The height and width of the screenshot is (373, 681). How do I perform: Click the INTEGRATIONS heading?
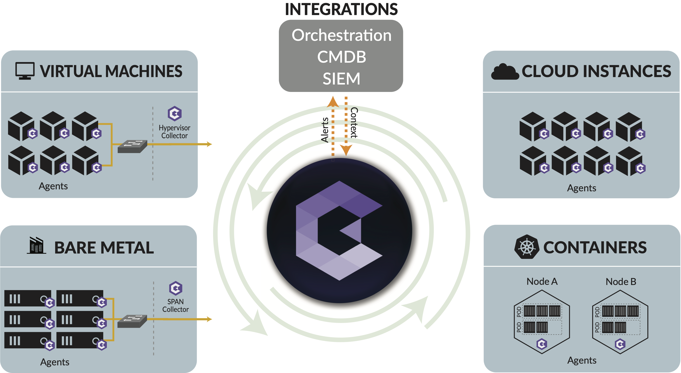point(341,9)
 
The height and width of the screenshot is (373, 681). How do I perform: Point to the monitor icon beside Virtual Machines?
point(25,71)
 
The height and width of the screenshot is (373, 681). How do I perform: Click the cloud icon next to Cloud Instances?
point(504,72)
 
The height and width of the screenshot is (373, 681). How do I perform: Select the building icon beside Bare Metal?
point(36,246)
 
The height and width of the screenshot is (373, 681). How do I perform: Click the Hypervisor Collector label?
point(174,131)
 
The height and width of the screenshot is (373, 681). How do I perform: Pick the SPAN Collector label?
point(175,305)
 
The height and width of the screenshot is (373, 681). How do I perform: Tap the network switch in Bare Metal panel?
point(132,321)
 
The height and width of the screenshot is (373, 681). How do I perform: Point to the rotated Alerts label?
point(325,130)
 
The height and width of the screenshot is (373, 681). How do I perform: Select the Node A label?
point(542,281)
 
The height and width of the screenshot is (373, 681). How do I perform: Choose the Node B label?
point(620,281)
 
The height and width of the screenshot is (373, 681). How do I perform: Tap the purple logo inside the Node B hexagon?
point(620,344)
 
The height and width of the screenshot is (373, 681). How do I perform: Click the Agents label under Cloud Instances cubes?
point(581,188)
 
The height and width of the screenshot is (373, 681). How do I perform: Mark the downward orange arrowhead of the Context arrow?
point(346,150)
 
